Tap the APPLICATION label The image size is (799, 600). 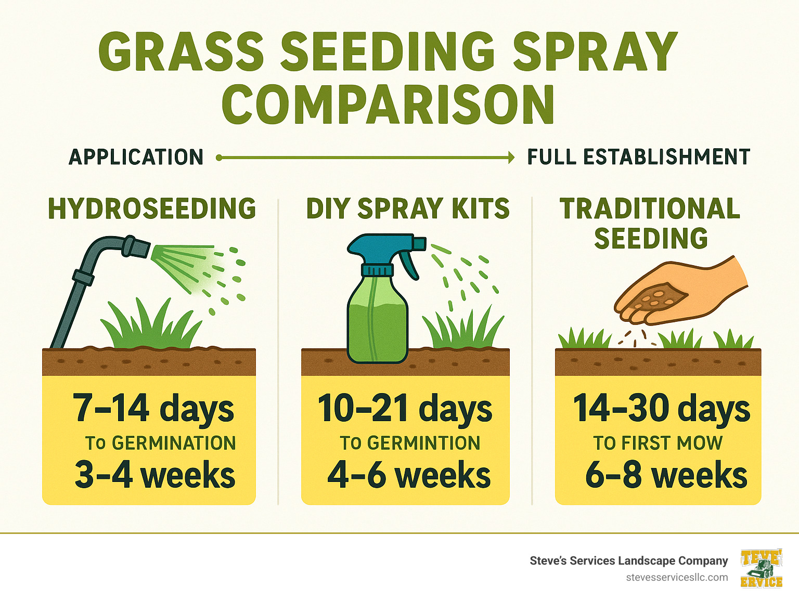point(136,157)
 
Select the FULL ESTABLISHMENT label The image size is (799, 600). point(639,157)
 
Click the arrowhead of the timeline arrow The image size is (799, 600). point(511,157)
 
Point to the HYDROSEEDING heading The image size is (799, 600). point(152,208)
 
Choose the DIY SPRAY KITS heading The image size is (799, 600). point(408,208)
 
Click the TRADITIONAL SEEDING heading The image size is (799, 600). point(650,223)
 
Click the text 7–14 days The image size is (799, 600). point(153,408)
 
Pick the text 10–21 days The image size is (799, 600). point(405,408)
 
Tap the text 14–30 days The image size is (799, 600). point(661,408)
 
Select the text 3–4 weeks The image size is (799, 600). point(155,475)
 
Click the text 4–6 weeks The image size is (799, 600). point(409,475)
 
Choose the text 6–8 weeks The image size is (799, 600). point(666,475)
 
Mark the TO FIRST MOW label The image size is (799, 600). point(658,443)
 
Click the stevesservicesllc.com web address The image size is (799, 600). point(677,578)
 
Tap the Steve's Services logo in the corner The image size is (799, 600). point(762,568)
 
